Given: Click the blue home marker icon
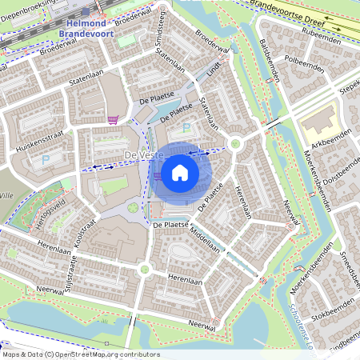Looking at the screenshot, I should (180, 171).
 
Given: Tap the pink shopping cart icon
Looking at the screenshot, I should (113, 120).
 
